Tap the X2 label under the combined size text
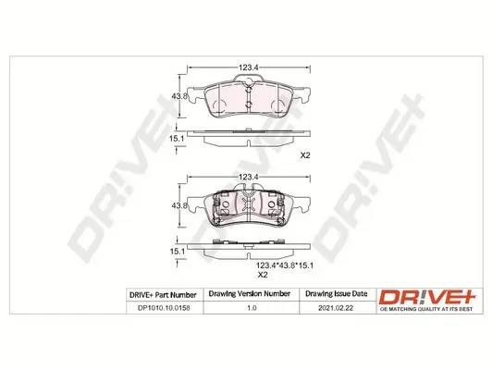pyautogui.click(x=261, y=276)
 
